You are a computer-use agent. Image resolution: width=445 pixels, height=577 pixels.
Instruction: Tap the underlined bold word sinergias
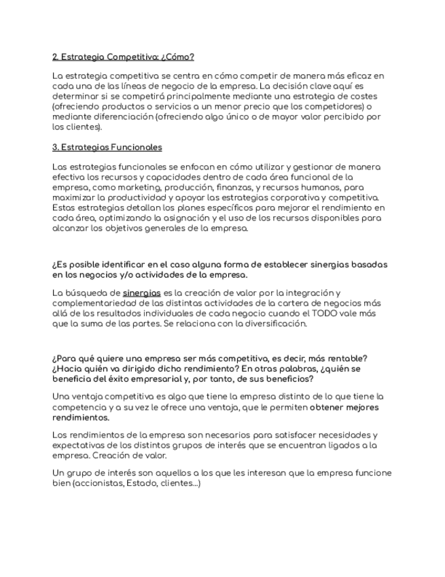142,293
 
